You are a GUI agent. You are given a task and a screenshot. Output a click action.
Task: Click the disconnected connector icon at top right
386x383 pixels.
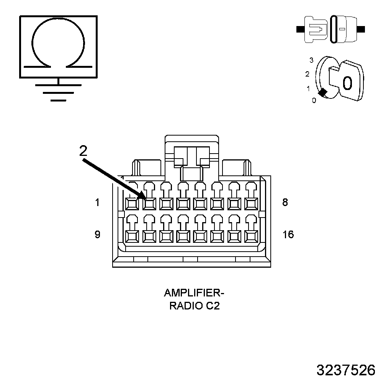coord(331,29)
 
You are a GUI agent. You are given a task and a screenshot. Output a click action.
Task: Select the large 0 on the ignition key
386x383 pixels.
coord(347,83)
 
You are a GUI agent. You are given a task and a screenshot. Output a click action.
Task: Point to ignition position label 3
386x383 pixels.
coord(311,60)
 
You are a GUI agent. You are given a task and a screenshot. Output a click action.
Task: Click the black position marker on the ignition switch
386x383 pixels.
coord(323,92)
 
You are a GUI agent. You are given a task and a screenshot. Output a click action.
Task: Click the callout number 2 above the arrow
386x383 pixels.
coord(83,151)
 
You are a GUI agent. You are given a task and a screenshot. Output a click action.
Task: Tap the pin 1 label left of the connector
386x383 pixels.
coord(97,203)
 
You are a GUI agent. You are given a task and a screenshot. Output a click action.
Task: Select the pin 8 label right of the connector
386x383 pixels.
coord(285,203)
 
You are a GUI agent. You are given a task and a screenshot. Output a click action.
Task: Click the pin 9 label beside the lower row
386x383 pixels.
coord(97,234)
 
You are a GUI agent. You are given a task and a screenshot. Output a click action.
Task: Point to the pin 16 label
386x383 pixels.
coord(288,234)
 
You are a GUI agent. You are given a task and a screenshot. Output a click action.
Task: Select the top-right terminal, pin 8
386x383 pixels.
coord(251,203)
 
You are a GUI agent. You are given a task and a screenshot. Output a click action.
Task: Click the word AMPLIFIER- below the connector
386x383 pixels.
coord(194,293)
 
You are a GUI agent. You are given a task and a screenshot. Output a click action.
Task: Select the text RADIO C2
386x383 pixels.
coord(195,306)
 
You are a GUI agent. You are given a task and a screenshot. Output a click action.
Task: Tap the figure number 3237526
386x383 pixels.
coord(346,370)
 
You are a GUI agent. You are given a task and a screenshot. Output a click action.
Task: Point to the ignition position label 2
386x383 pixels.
coord(307,74)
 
